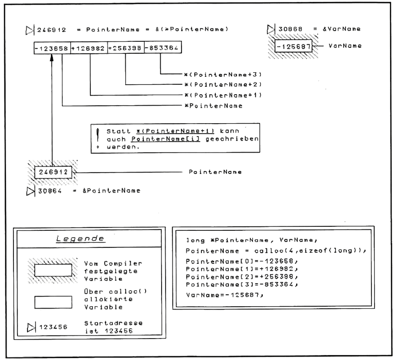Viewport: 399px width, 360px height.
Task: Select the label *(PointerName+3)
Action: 216,74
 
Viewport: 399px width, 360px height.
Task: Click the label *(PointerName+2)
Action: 216,84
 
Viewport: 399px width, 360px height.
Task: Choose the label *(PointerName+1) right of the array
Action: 216,95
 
